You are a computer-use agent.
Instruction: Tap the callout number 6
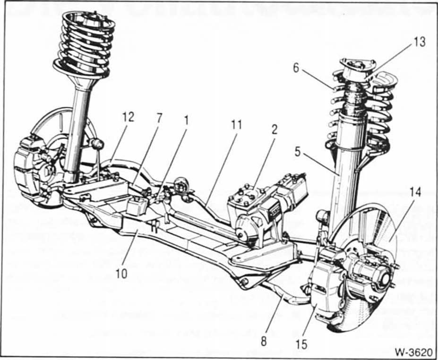[x=296, y=68]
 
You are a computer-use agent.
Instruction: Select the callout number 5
[x=298, y=153]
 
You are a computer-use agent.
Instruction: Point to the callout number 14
[x=415, y=192]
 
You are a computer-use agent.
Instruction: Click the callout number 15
[x=302, y=344]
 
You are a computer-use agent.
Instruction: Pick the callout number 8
[x=264, y=342]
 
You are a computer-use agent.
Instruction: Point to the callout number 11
[x=236, y=125]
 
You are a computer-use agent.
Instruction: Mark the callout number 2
[x=274, y=129]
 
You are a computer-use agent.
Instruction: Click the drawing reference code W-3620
[x=413, y=352]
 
